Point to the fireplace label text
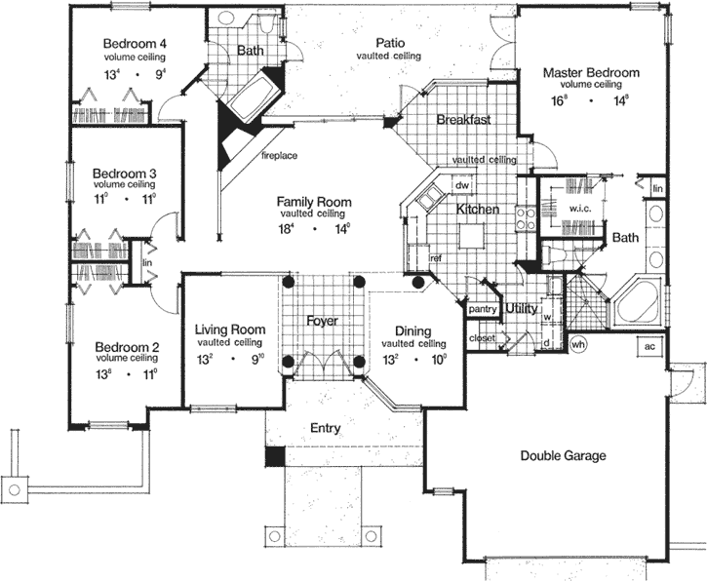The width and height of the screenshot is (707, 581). (278, 155)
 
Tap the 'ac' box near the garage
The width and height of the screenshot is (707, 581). (649, 345)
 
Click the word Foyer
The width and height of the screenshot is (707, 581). (322, 320)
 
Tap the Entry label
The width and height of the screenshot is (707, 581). (326, 427)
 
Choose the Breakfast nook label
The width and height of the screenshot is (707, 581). (462, 120)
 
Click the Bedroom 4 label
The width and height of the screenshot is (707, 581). (136, 44)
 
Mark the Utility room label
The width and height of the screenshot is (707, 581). (522, 308)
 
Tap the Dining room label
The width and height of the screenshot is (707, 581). (413, 330)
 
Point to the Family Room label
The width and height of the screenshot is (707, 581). (314, 202)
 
